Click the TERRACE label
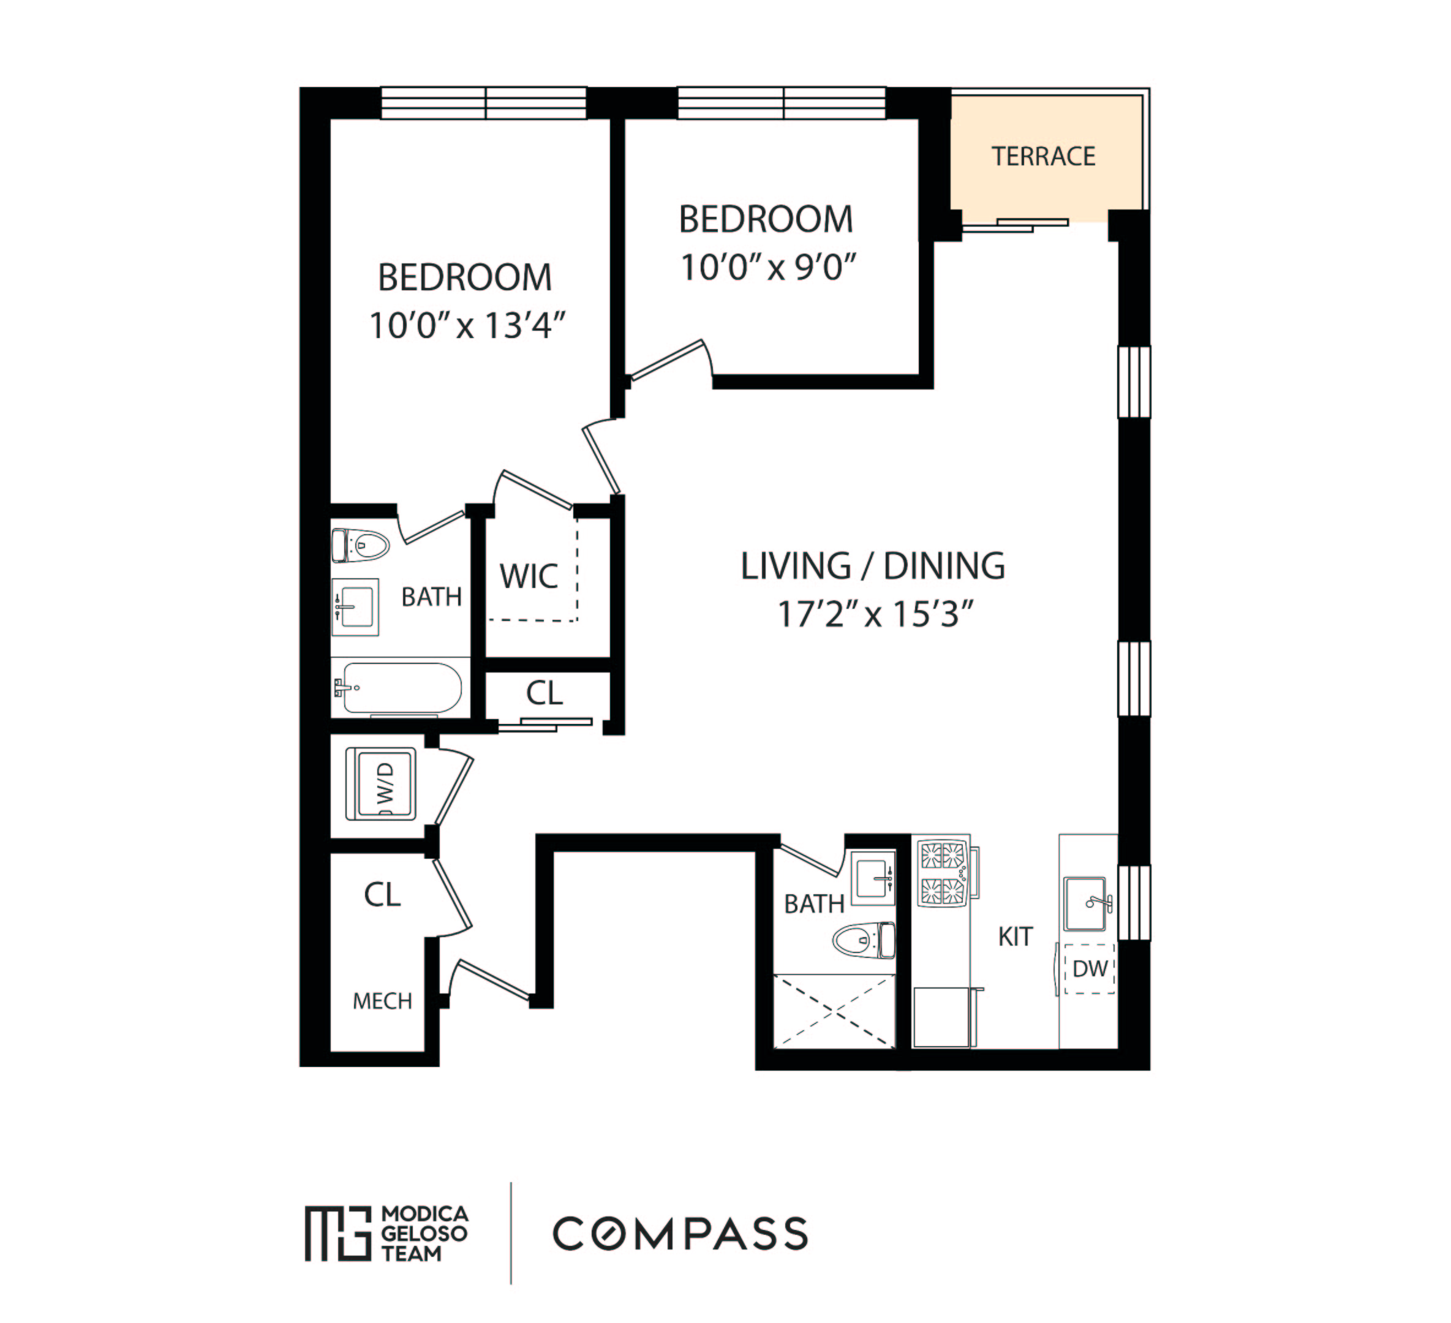pos(1043,156)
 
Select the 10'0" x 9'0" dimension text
pos(768,268)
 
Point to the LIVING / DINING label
pos(872,566)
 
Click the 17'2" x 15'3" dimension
pos(875,615)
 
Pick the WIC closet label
pos(529,576)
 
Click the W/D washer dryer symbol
pos(381,784)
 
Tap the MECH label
pos(382,1001)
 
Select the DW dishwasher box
pos(1089,969)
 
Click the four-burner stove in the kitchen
pos(943,873)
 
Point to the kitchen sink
pos(1085,903)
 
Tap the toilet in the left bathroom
pos(360,545)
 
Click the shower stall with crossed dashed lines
pos(834,1011)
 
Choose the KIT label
pos(1015,937)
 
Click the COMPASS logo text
pos(680,1234)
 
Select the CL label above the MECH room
pos(382,895)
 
